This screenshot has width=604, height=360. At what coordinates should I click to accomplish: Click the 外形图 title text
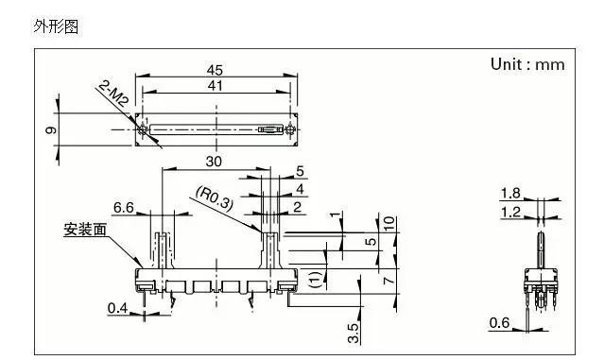(56, 27)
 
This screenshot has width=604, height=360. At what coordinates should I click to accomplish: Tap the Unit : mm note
(527, 64)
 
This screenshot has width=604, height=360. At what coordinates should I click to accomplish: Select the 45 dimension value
(215, 70)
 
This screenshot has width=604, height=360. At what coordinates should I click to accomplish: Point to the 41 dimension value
(215, 85)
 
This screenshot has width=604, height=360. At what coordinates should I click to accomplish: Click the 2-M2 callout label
(112, 94)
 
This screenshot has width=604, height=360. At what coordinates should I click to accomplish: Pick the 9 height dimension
(51, 130)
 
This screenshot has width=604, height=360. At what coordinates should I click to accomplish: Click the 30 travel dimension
(214, 162)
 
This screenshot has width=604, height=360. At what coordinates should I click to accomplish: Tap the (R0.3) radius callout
(215, 198)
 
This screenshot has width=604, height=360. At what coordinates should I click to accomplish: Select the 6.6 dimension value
(124, 208)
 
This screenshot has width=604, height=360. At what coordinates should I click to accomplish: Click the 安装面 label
(85, 230)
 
